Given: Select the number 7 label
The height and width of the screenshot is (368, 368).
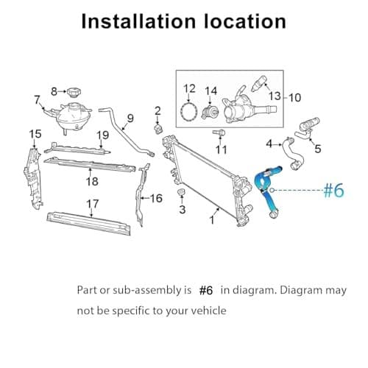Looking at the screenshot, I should (x=36, y=99).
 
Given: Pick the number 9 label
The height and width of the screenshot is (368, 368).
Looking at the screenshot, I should (x=130, y=118).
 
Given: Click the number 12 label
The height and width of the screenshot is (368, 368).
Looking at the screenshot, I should (x=189, y=89).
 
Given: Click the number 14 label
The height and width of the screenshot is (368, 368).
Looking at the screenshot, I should (x=211, y=91).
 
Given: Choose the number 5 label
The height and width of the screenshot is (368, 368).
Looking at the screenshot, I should (x=317, y=149).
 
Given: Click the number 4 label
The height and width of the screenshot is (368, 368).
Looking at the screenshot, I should (x=269, y=143).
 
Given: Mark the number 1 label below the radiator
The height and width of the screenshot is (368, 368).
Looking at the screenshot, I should (x=213, y=219).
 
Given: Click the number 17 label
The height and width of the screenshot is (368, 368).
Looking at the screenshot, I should (x=93, y=203).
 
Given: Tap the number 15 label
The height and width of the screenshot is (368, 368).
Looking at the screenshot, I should (x=35, y=133).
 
